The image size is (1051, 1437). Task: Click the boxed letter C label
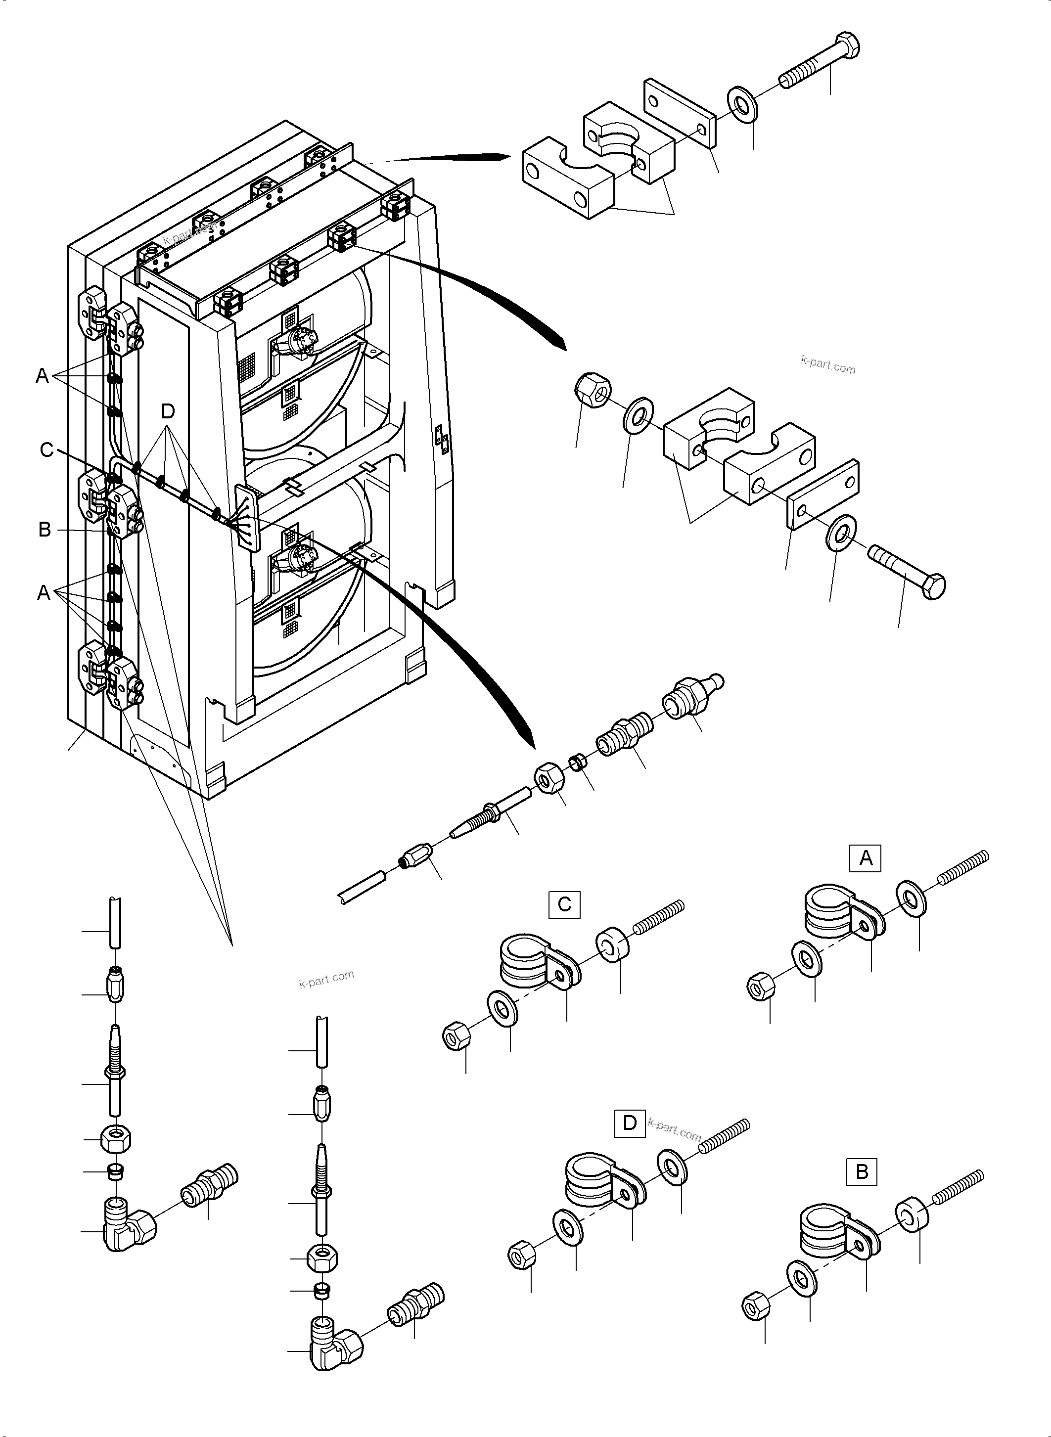564,904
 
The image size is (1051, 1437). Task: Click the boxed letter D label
629,1123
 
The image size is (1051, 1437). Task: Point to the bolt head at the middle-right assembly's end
933,585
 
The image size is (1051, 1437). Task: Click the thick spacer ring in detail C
614,950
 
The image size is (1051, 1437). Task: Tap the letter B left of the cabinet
45,529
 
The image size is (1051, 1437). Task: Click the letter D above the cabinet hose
167,411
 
